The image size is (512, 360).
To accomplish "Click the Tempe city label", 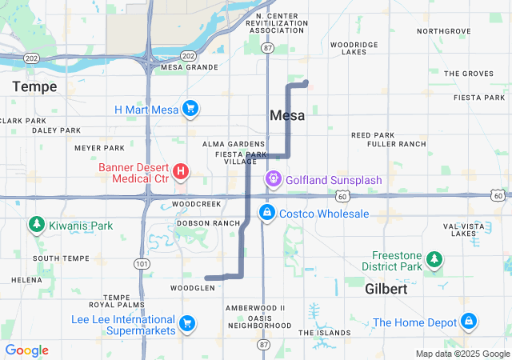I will (34, 86).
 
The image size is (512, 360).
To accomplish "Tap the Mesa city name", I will (287, 115).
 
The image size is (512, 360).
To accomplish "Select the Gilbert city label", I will (386, 289).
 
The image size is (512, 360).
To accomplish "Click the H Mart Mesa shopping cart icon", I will (190, 108).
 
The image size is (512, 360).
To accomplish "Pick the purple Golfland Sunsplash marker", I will (273, 179).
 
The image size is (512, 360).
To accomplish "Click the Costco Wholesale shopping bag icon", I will (266, 214).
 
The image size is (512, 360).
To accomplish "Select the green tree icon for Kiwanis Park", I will (36, 226).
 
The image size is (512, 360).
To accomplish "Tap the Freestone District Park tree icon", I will (434, 259).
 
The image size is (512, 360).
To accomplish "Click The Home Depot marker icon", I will (469, 322).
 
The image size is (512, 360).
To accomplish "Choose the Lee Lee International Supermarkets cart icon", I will (186, 322).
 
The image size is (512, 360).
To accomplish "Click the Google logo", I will (27, 350).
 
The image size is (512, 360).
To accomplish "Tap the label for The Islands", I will (325, 332).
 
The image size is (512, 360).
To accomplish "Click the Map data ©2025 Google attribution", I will (462, 354).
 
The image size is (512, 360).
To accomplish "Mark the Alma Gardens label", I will (234, 144).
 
